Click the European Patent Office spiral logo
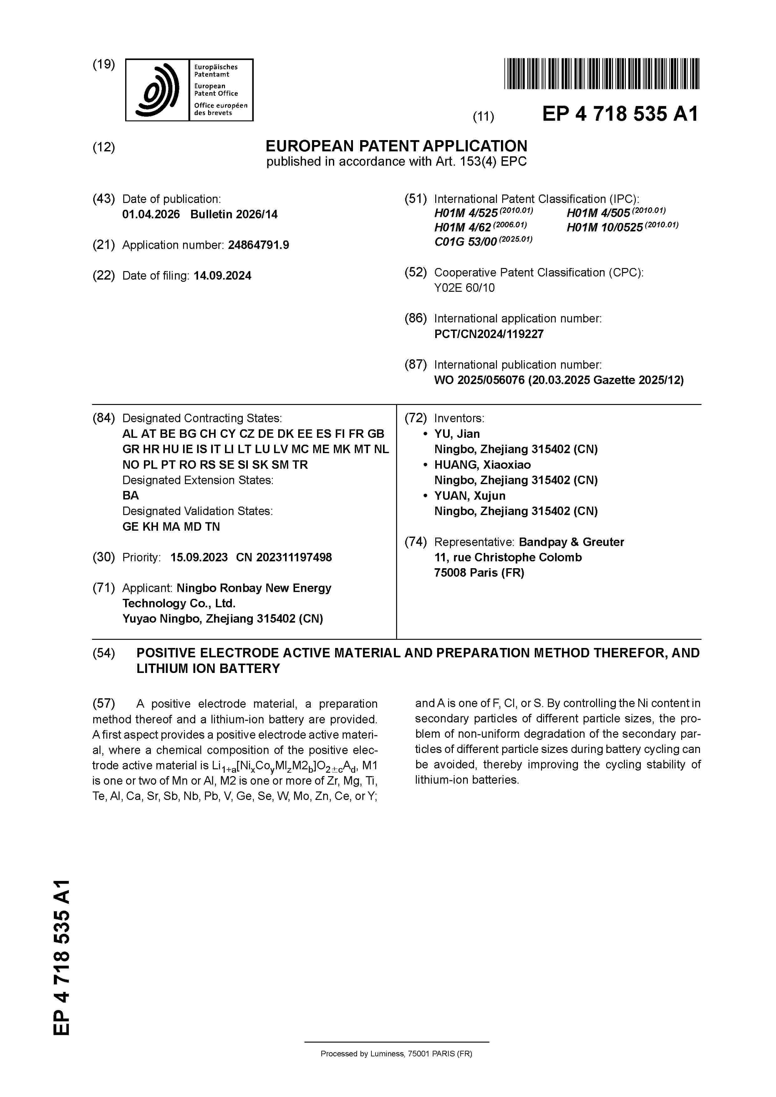(x=157, y=90)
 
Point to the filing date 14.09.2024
(x=222, y=276)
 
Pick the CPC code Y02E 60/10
(x=464, y=288)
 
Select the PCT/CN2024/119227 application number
(x=489, y=334)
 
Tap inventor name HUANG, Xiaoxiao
(x=482, y=465)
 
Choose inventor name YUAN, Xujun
(x=470, y=496)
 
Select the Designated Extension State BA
(x=130, y=495)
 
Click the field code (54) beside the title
(x=104, y=653)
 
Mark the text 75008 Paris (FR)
(x=479, y=573)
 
